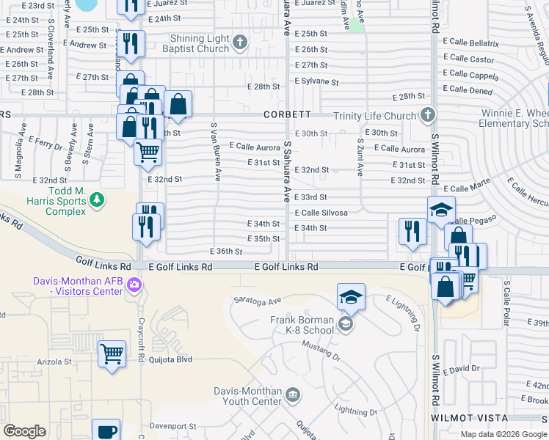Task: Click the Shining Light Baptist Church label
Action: (x=199, y=43)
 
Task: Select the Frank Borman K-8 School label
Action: (x=302, y=325)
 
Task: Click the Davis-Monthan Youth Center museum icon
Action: (x=293, y=396)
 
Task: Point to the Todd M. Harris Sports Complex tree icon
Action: (x=96, y=199)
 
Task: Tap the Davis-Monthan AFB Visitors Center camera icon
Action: (x=134, y=285)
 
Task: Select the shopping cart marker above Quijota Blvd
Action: (x=112, y=353)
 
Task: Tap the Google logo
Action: (x=25, y=431)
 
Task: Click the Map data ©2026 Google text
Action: (x=503, y=434)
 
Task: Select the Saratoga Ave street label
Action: (x=258, y=301)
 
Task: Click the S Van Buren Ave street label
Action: (x=217, y=152)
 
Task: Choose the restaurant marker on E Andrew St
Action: (x=131, y=43)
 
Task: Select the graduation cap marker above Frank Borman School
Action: (x=351, y=296)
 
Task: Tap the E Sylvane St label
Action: (x=316, y=83)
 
